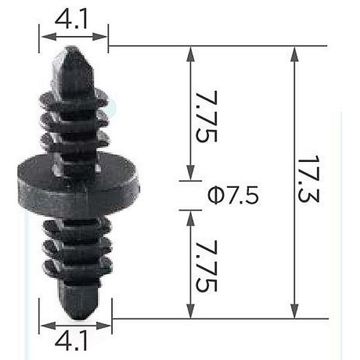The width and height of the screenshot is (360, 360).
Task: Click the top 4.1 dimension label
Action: tap(71, 19)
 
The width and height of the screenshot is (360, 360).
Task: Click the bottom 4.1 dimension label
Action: tap(71, 340)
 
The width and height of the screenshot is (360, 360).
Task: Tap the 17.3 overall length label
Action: tap(308, 179)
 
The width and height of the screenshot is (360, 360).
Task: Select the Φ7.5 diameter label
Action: tap(233, 195)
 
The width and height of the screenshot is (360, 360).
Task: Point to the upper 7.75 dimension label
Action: tap(206, 116)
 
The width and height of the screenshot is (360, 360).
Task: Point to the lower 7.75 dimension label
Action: tap(206, 266)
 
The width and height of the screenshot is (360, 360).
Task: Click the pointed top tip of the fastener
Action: tap(74, 47)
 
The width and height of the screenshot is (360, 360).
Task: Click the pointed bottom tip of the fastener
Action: tap(80, 319)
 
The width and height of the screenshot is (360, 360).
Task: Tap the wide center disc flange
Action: tap(78, 184)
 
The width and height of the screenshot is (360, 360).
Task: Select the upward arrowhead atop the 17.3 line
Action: tap(295, 54)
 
